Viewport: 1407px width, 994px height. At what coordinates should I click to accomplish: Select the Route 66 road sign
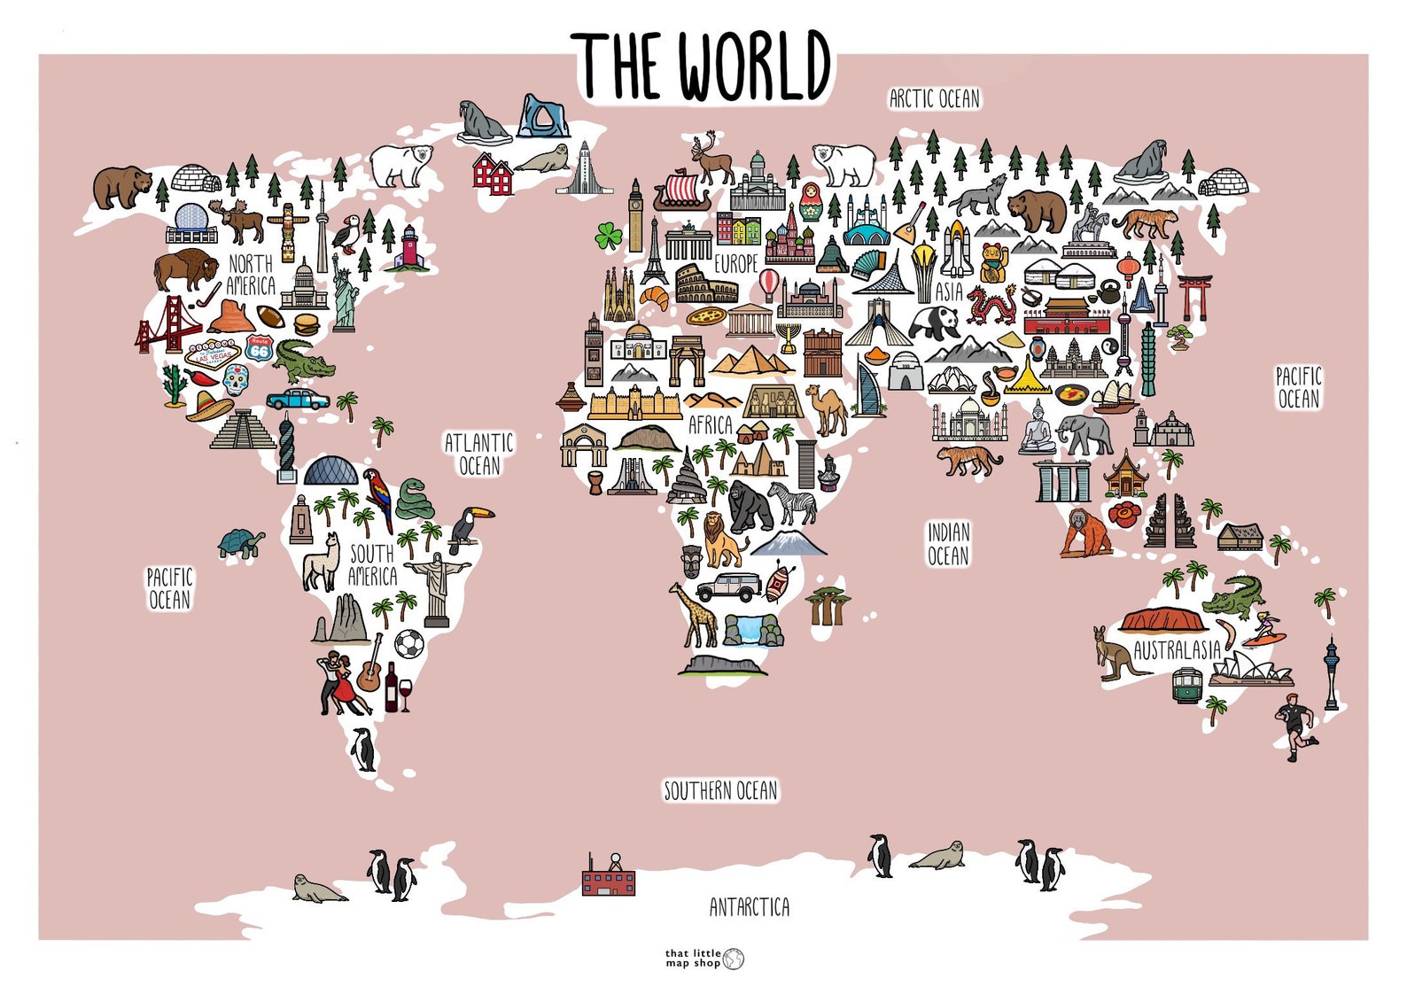pyautogui.click(x=259, y=347)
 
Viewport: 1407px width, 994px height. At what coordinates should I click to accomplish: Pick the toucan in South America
pyautogui.click(x=467, y=527)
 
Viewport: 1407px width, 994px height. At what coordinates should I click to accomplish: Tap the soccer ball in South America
pyautogui.click(x=408, y=644)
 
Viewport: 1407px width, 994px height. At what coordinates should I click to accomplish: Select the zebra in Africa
pyautogui.click(x=793, y=501)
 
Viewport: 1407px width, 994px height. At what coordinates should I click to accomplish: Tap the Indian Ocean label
pyautogui.click(x=948, y=544)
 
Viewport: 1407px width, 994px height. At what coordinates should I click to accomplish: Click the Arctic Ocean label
pyautogui.click(x=935, y=98)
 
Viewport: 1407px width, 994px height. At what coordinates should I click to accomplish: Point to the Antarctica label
pyautogui.click(x=749, y=907)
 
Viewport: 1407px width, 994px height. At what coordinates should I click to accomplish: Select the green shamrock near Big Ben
pyautogui.click(x=609, y=236)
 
